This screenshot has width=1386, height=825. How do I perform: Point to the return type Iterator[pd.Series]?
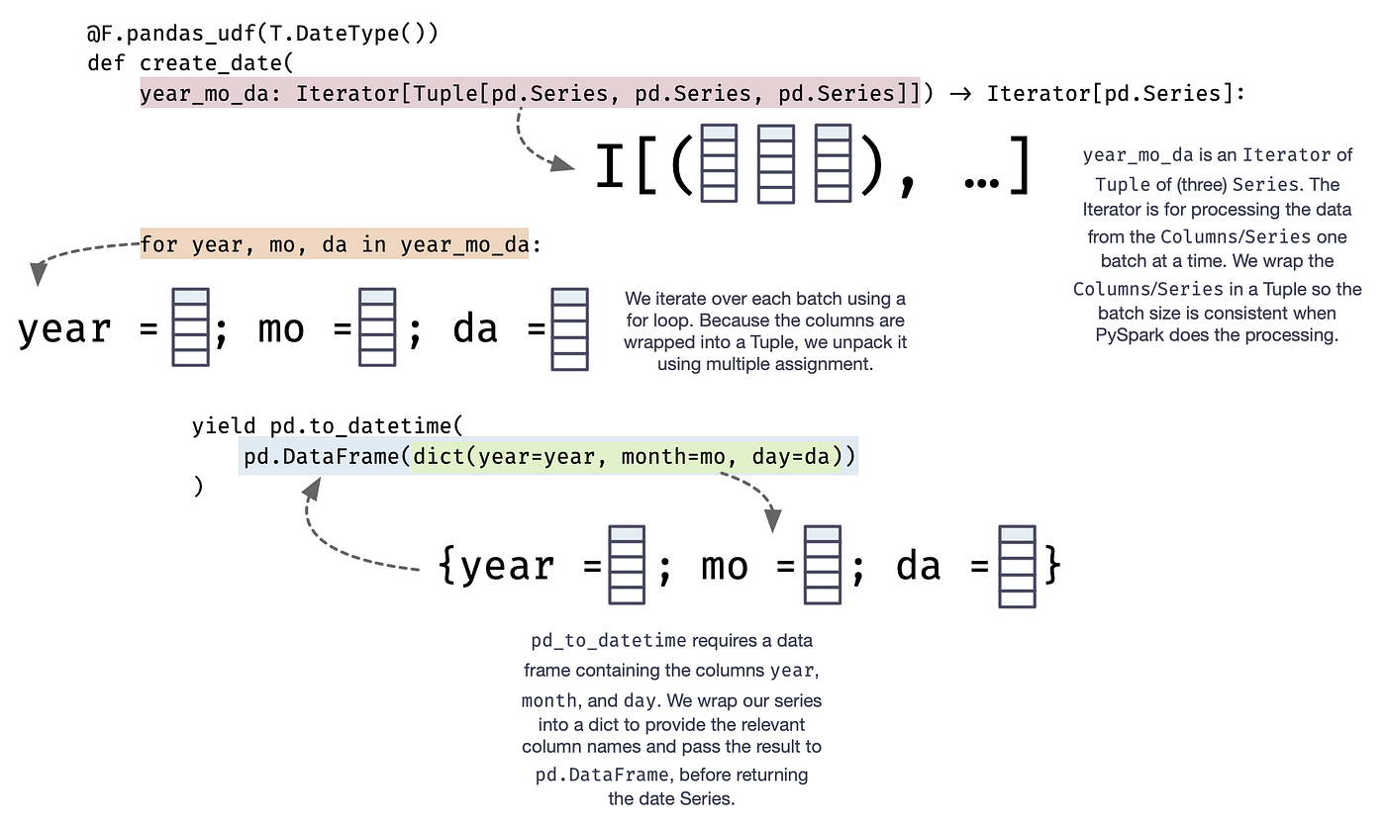(1116, 94)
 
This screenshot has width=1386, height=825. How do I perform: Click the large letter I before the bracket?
(610, 166)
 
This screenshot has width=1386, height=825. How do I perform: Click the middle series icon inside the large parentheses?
(775, 164)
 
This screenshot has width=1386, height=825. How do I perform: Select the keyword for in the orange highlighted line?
(159, 243)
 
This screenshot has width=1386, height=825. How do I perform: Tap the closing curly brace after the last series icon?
(1052, 566)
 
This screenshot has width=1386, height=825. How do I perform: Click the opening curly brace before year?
(447, 566)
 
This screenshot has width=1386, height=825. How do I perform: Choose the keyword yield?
(225, 426)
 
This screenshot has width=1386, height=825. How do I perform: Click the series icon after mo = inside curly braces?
(822, 565)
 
